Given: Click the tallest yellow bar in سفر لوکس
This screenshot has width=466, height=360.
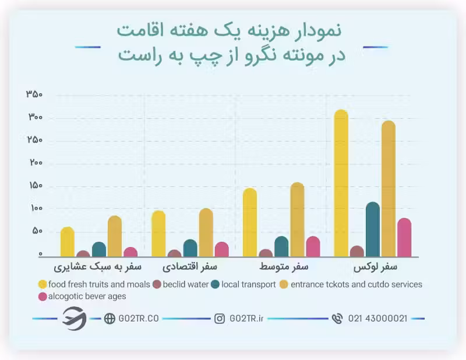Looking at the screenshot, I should [x=341, y=183].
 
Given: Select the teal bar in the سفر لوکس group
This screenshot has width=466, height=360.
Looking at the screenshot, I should [x=373, y=230].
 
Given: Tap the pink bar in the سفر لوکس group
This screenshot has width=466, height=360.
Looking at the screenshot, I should [x=404, y=238].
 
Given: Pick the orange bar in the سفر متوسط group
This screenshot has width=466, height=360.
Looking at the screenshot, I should [x=297, y=220].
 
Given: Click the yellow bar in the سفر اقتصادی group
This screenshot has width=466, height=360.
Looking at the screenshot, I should [x=158, y=234].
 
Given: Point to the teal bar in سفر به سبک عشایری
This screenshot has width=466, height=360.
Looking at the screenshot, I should [x=99, y=249].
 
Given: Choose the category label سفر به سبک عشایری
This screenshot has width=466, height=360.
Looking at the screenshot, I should [x=98, y=267].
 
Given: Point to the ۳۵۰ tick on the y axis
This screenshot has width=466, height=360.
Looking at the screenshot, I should [x=34, y=94].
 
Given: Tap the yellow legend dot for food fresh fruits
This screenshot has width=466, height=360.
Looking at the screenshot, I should [x=43, y=284].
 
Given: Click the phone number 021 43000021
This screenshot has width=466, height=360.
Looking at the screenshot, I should [x=377, y=319].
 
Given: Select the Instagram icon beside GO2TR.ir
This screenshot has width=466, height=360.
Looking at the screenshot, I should [x=220, y=319].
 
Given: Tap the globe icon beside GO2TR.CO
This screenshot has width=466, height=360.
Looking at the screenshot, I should [x=110, y=319].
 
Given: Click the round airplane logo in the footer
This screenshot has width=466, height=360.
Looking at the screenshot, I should [x=75, y=318].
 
